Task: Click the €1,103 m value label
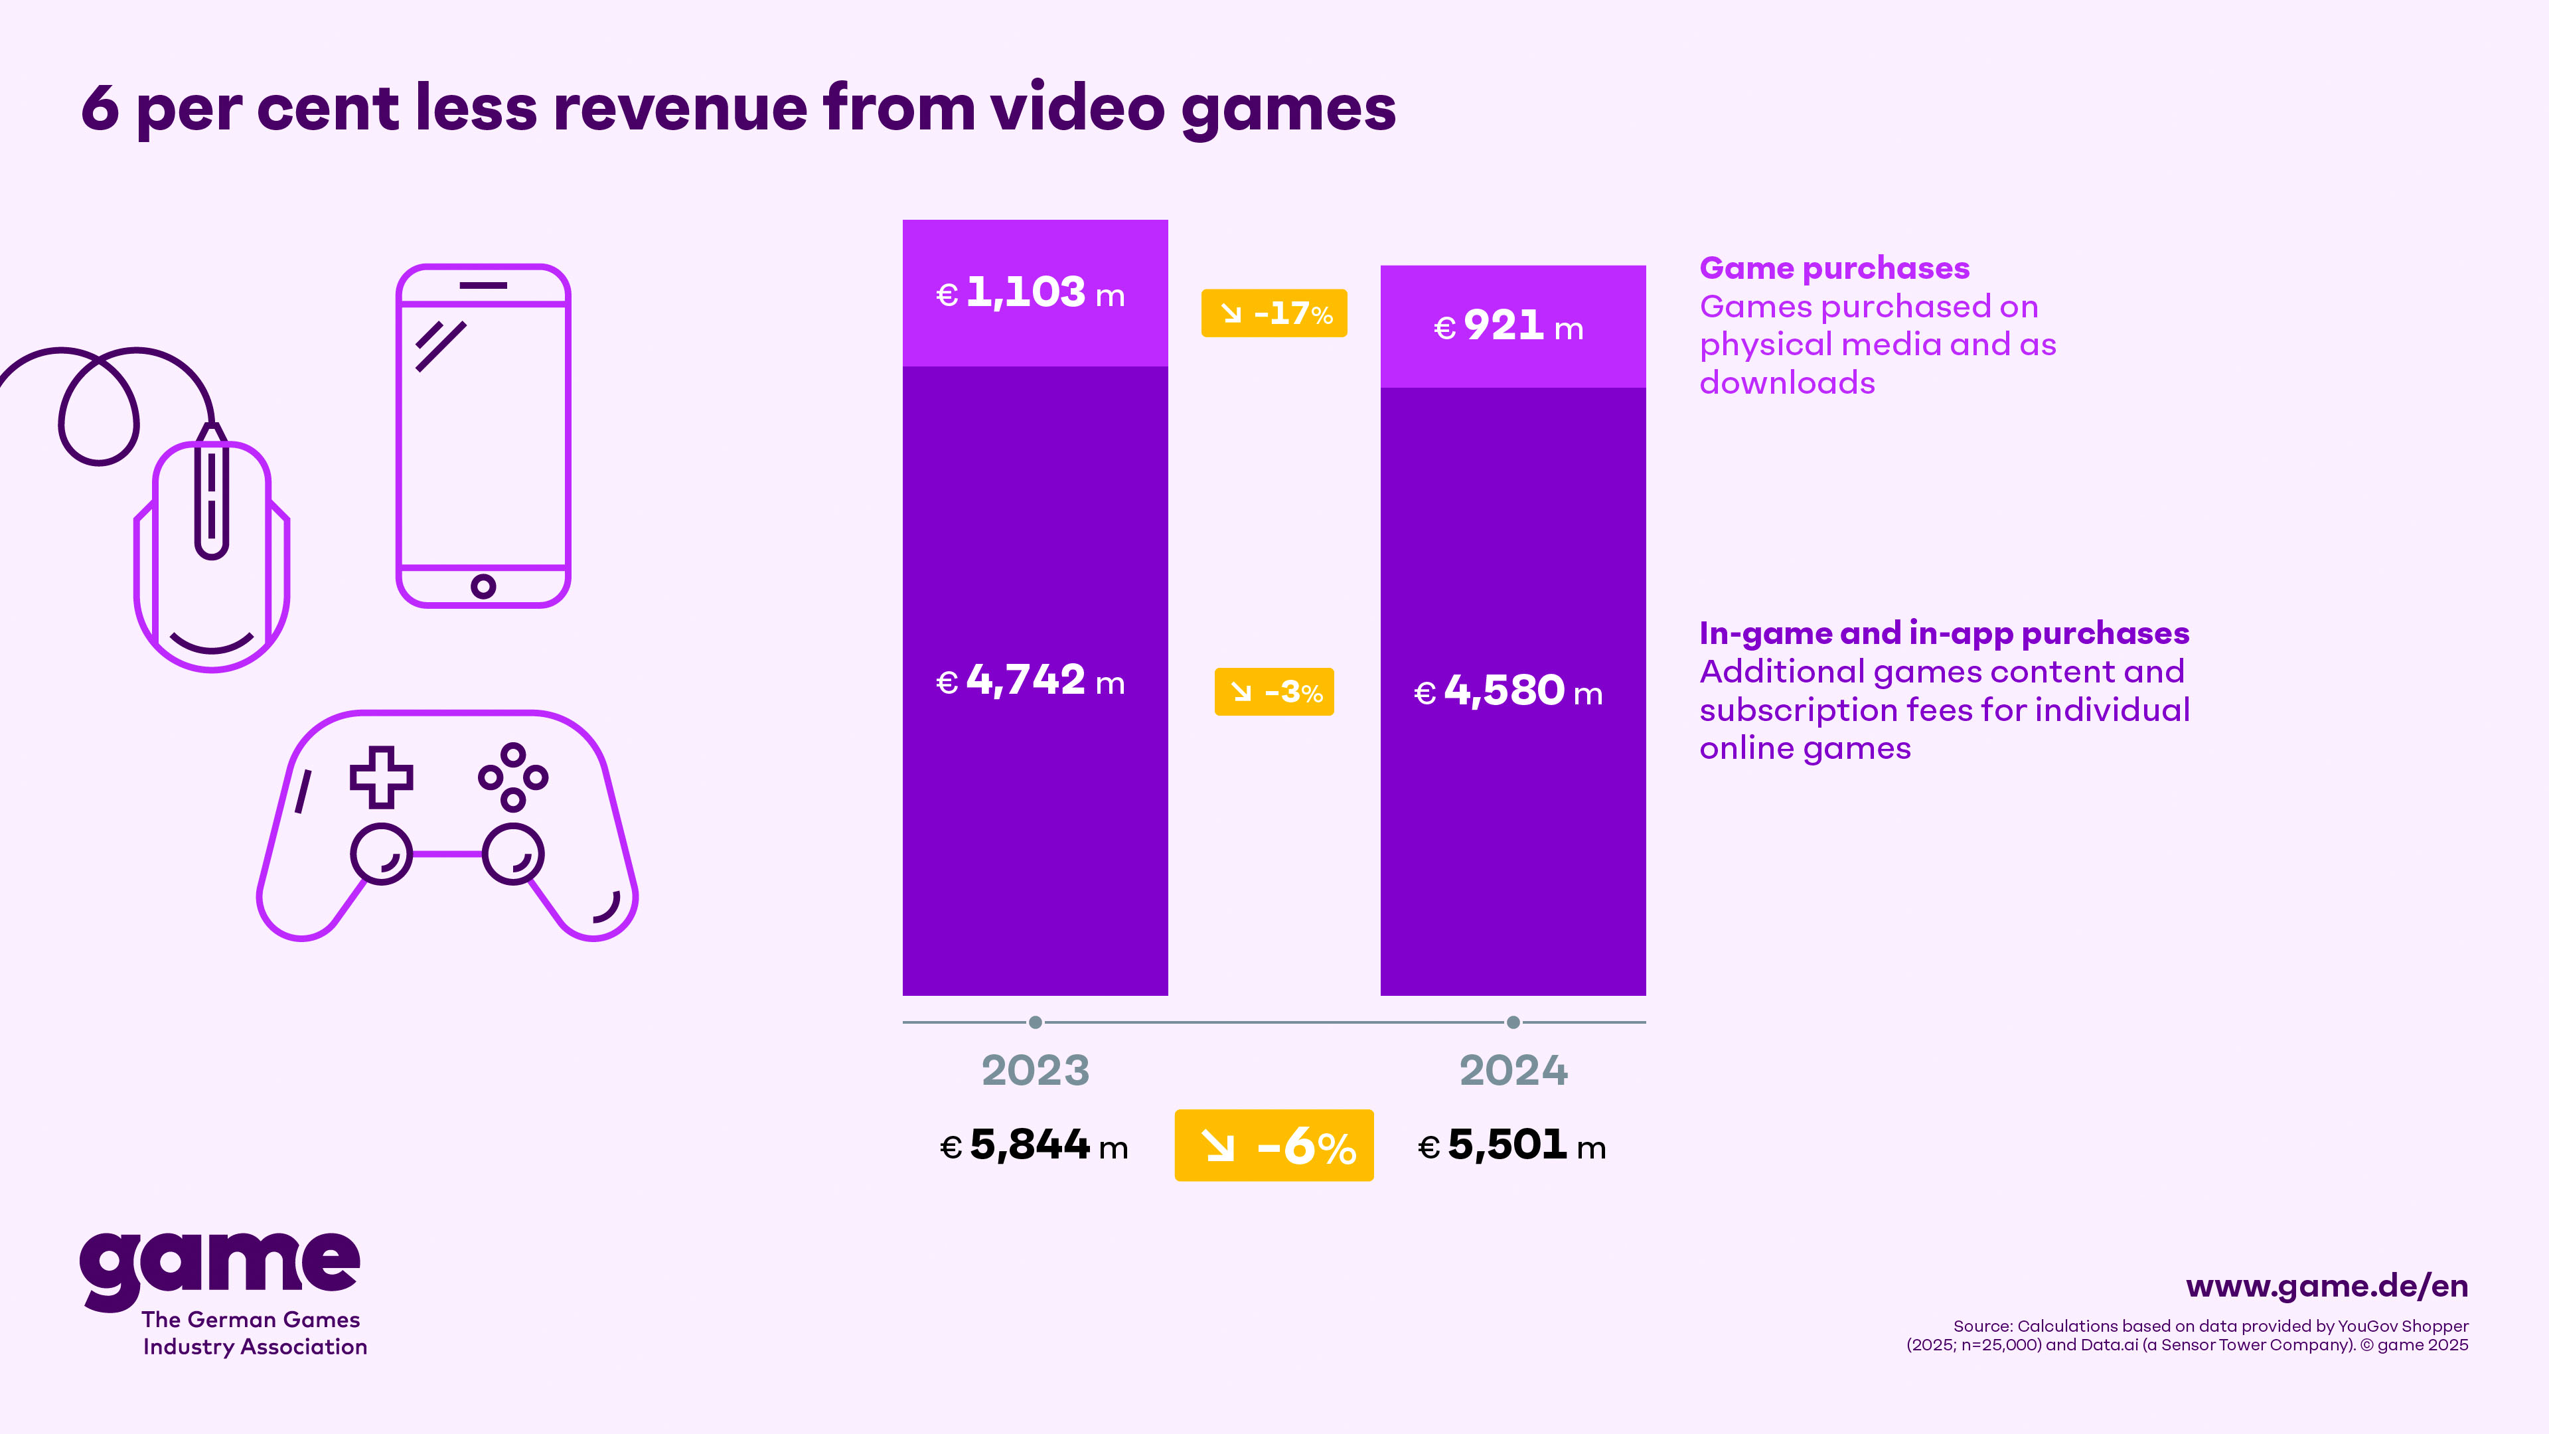(x=1031, y=293)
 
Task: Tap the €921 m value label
(x=1509, y=327)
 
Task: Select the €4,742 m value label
(x=1031, y=681)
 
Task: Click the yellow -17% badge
(x=1274, y=314)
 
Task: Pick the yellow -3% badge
(x=1274, y=692)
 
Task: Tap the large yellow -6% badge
(x=1274, y=1146)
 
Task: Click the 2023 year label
(x=1035, y=1071)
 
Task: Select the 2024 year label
(x=1513, y=1071)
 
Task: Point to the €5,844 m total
(x=1034, y=1146)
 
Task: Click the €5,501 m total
(x=1512, y=1146)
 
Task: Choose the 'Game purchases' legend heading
(x=1833, y=268)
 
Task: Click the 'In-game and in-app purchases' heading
(x=1944, y=633)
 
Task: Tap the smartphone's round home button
(x=483, y=587)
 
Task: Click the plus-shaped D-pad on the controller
(x=381, y=777)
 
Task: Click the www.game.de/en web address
(x=2327, y=1287)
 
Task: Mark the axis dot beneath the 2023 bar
(x=1035, y=1022)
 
